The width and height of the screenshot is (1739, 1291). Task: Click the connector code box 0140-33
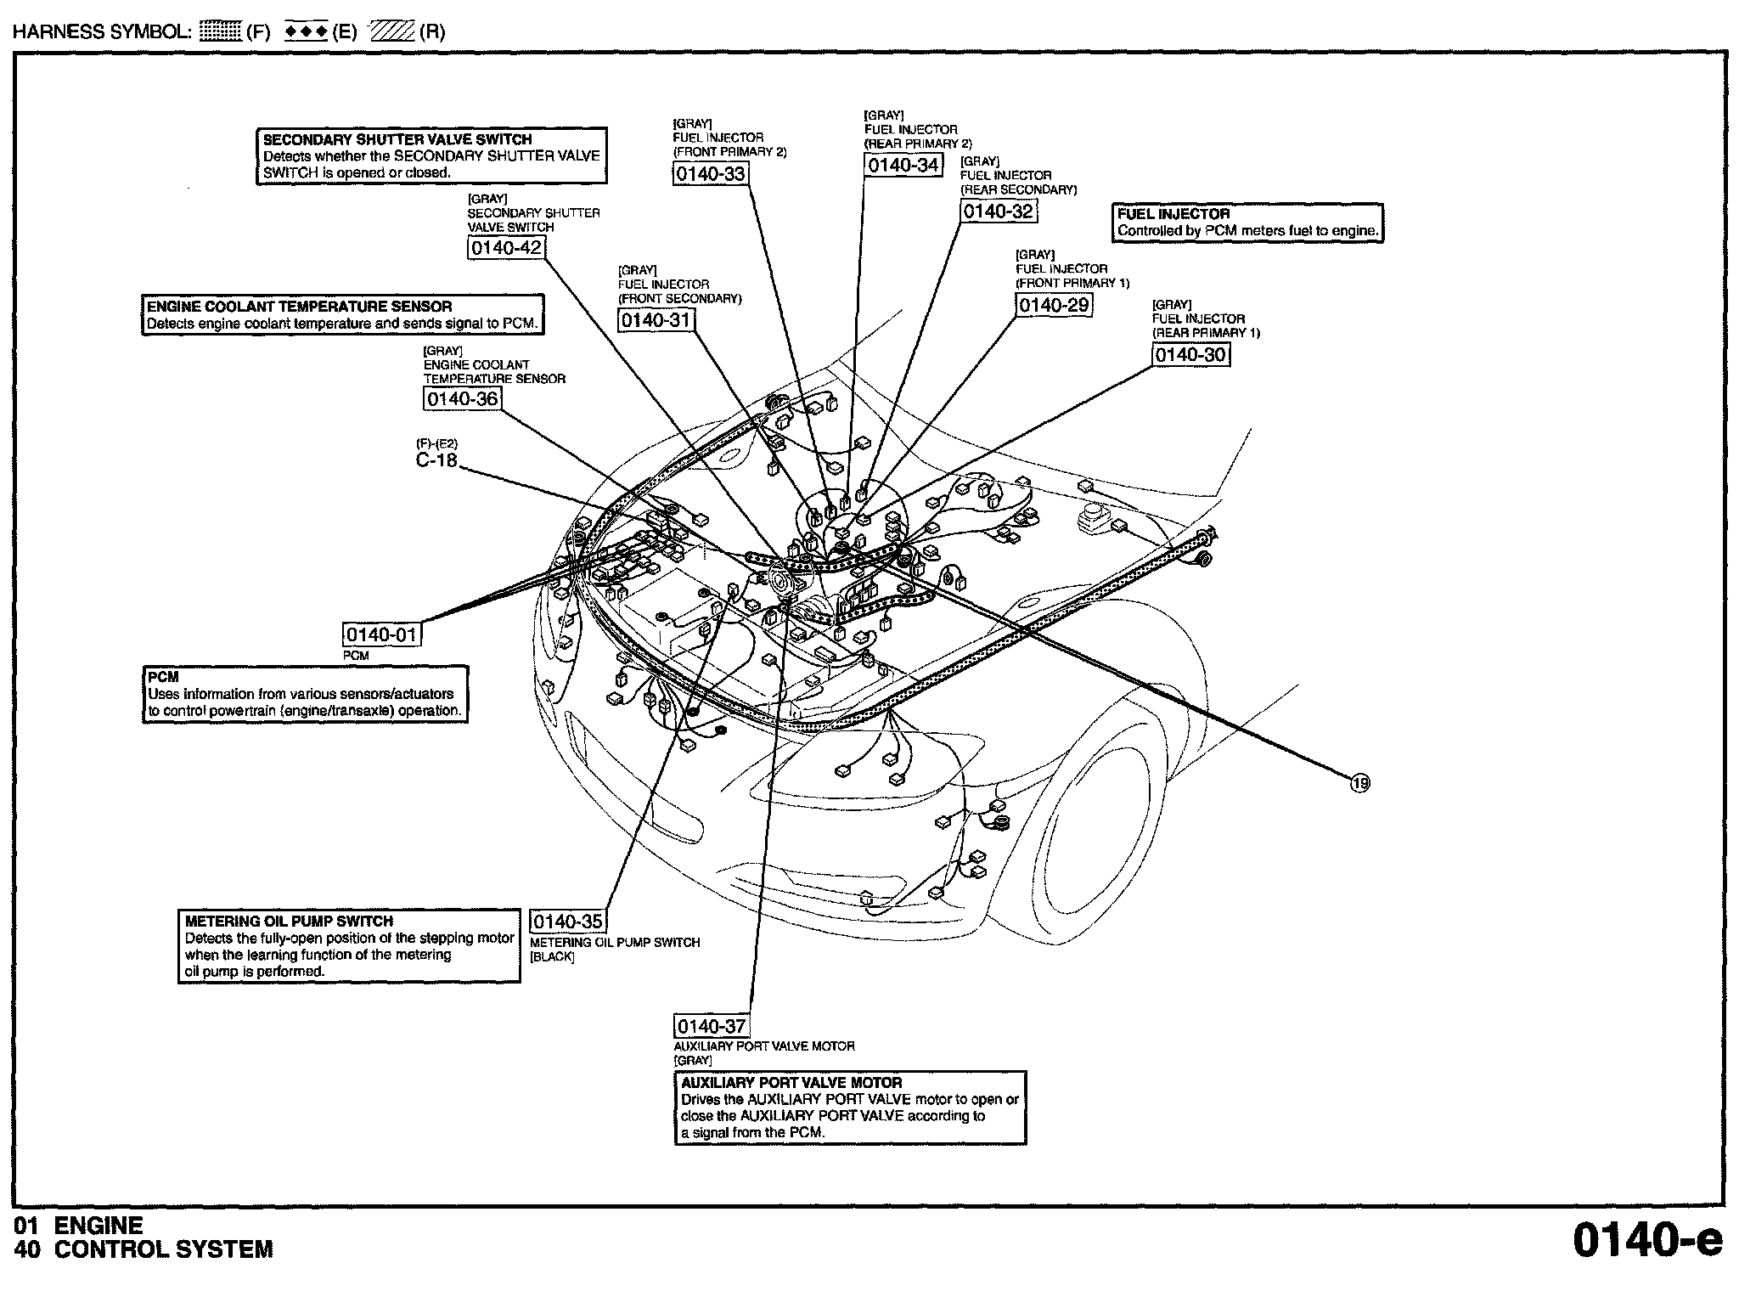(x=710, y=174)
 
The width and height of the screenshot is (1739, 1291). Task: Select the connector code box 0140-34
(x=903, y=165)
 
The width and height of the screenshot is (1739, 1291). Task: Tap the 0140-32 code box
(x=999, y=211)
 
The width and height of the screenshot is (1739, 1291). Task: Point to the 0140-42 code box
(x=505, y=248)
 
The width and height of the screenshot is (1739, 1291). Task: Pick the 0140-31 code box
(x=656, y=320)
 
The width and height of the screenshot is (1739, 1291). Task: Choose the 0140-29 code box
(x=1053, y=306)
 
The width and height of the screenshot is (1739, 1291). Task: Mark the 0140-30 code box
(x=1190, y=355)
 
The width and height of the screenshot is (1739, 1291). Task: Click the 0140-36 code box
(x=462, y=399)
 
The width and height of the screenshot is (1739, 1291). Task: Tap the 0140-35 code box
(x=568, y=922)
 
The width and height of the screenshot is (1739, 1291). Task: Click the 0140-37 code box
(x=712, y=1026)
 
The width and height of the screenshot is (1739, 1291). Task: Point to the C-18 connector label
(x=436, y=461)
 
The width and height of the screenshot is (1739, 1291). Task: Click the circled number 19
(x=1360, y=783)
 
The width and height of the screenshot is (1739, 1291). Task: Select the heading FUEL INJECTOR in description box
(x=1173, y=214)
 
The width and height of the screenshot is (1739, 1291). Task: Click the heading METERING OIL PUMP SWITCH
(x=289, y=922)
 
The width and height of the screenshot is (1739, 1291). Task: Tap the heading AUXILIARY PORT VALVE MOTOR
(x=791, y=1083)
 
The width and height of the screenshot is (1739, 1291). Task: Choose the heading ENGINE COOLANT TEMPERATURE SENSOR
(x=299, y=307)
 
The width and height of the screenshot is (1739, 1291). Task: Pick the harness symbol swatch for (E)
(x=307, y=32)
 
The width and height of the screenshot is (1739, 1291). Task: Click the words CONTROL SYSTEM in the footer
(x=164, y=1250)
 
